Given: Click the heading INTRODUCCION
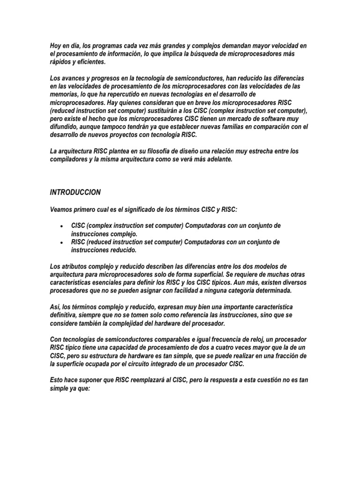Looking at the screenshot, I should (x=75, y=192).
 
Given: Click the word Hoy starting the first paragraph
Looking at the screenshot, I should (x=56, y=45).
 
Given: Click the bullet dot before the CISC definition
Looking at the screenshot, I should (x=62, y=226).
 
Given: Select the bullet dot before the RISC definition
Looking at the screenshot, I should (x=62, y=242).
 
